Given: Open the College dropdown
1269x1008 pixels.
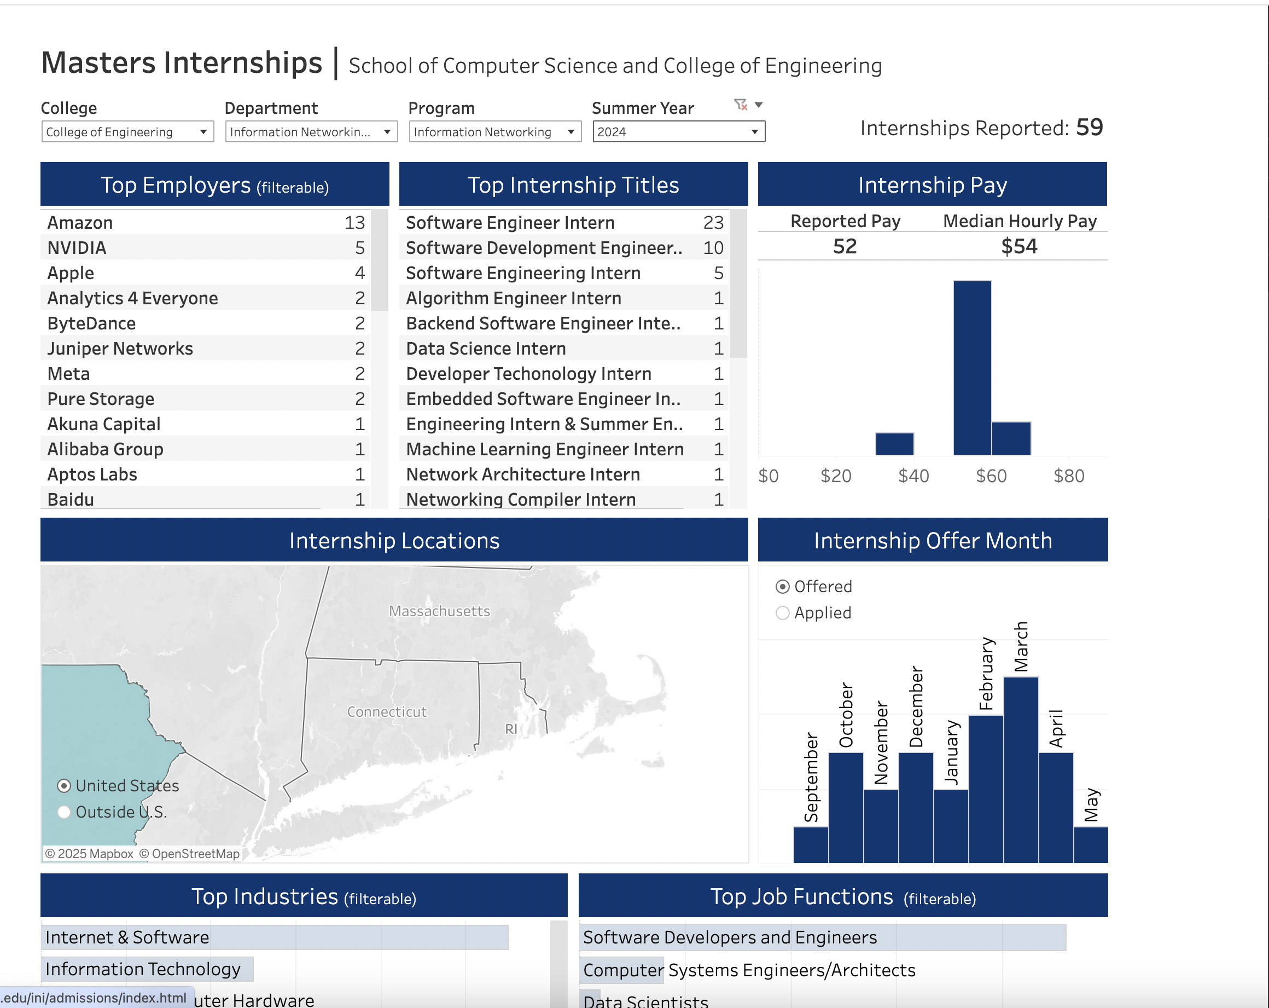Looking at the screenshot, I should click(127, 132).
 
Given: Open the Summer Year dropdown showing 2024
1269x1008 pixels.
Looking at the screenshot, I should click(678, 132).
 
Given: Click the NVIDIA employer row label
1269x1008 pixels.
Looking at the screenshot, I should click(77, 248).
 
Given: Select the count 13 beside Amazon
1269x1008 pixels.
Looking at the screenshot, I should click(354, 223).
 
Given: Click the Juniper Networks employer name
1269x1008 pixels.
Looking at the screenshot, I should click(120, 349).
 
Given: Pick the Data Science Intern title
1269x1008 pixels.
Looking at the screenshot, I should click(486, 349).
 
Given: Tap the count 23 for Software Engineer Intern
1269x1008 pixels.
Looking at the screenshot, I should click(713, 223).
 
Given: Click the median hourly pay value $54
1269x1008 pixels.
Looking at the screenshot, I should click(1019, 246).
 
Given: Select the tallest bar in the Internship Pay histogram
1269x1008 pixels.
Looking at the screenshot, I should click(972, 368).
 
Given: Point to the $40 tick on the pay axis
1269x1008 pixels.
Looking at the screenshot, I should click(913, 476).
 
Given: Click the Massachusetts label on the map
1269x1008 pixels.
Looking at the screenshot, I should click(439, 611).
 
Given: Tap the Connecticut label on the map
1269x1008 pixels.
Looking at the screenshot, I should click(387, 712).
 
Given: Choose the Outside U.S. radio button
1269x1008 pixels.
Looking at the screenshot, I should click(65, 812).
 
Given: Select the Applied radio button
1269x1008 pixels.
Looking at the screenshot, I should click(782, 613).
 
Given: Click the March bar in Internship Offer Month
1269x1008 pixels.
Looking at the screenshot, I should click(1021, 769).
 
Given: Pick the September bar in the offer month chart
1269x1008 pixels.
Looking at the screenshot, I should click(811, 844).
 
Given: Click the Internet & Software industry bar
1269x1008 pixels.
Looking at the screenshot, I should click(274, 937).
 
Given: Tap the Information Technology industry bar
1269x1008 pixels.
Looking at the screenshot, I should click(147, 969).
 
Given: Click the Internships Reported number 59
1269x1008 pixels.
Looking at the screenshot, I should click(1089, 128).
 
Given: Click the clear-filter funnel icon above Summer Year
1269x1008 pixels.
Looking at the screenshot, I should click(741, 105).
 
